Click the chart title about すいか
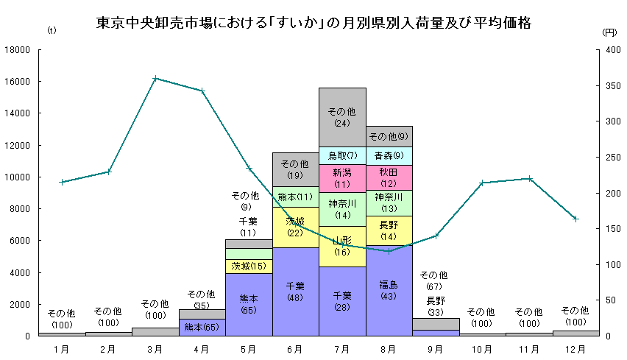(313, 23)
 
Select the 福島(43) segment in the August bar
(389, 290)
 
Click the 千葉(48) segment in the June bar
(295, 292)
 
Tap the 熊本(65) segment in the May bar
(249, 304)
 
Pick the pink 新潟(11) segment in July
(342, 178)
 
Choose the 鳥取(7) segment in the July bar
(342, 155)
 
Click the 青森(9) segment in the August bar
(389, 156)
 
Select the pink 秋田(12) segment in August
(389, 177)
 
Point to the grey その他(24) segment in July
(342, 117)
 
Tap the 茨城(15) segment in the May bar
(249, 266)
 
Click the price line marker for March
(155, 79)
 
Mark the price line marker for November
(529, 179)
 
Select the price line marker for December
(575, 219)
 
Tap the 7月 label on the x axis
(342, 349)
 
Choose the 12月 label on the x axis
(575, 349)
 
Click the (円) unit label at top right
(609, 32)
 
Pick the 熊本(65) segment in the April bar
(202, 328)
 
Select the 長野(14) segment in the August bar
(389, 230)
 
